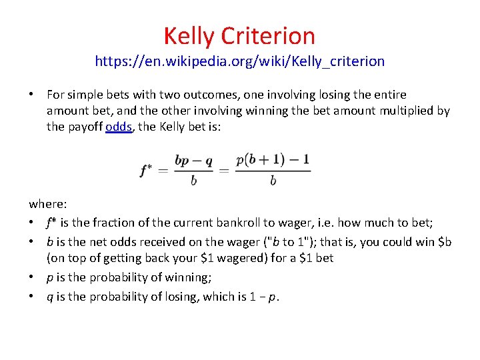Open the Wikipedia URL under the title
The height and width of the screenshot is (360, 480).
(x=239, y=61)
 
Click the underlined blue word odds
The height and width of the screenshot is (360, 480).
(x=119, y=127)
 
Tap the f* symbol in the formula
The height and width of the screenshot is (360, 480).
(x=146, y=170)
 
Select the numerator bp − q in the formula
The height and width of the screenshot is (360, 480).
(x=193, y=161)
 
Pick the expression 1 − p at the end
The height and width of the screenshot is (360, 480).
(x=265, y=296)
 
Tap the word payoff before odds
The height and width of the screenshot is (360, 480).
(x=85, y=127)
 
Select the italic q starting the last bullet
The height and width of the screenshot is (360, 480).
(x=49, y=296)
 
